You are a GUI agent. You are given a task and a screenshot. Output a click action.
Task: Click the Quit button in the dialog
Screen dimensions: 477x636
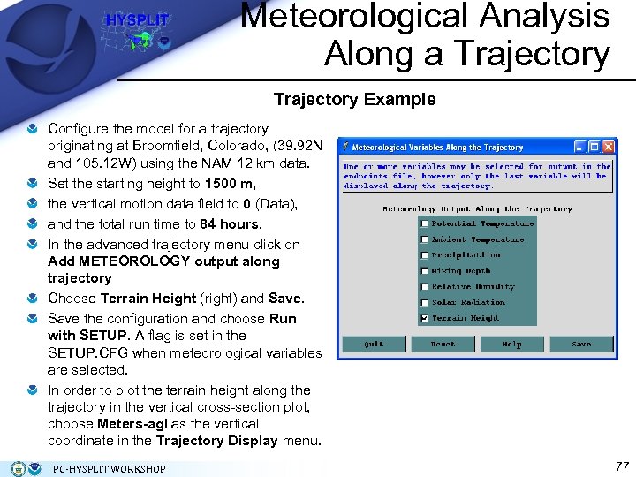click(374, 344)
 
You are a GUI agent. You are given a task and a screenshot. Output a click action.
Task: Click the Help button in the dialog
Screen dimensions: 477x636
click(511, 344)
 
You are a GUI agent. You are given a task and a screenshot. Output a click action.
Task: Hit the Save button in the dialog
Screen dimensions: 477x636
click(581, 344)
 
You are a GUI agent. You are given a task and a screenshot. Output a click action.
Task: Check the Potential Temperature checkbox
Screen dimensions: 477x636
click(425, 223)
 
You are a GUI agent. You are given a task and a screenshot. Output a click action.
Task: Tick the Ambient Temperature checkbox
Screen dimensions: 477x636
click(425, 239)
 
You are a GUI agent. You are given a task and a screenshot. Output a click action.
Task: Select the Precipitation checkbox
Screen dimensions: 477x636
click(425, 255)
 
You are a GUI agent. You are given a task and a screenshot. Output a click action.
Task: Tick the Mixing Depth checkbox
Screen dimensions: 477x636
click(425, 271)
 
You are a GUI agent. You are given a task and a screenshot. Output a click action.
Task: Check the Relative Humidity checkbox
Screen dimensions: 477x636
click(425, 287)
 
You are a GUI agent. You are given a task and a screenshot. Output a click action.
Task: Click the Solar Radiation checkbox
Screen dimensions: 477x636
click(425, 303)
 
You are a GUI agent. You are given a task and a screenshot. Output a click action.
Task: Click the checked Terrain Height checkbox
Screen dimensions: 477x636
click(425, 319)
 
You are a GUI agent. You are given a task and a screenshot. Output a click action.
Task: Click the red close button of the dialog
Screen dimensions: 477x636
click(609, 147)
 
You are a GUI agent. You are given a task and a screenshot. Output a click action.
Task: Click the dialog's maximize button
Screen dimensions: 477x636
click(594, 147)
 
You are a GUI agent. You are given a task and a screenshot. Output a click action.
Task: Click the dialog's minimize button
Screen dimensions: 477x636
click(580, 147)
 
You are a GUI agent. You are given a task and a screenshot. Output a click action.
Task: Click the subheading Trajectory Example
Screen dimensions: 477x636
click(354, 99)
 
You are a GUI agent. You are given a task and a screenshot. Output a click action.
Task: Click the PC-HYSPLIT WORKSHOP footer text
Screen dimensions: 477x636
click(110, 468)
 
